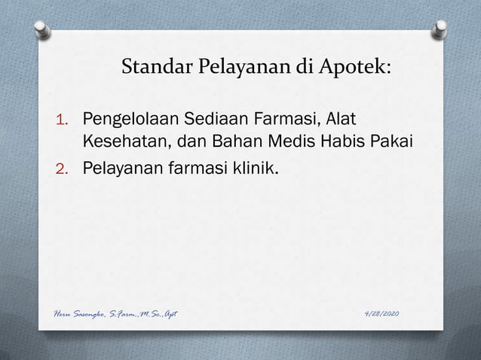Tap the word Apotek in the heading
pos(357,69)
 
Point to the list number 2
pos(63,167)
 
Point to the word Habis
pos(337,142)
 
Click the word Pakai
pos(389,142)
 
